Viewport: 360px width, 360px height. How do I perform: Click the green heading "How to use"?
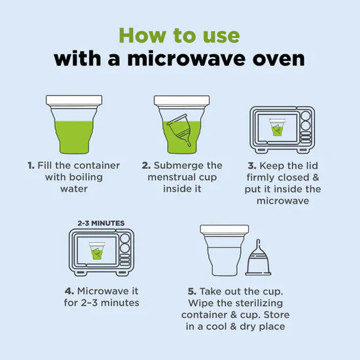click(179, 35)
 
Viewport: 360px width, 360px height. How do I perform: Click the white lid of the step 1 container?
click(74, 100)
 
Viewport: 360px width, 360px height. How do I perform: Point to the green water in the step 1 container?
click(74, 137)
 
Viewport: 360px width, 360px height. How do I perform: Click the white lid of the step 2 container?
click(181, 101)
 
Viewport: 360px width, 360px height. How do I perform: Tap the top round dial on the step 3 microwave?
click(306, 116)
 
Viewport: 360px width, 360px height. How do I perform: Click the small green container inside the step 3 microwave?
click(277, 127)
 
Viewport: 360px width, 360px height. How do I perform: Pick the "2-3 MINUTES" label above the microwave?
click(101, 223)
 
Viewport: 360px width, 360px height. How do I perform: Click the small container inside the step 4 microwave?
click(97, 251)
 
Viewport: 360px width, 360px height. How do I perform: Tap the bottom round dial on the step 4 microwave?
click(125, 248)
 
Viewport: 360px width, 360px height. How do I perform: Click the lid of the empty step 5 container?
click(225, 229)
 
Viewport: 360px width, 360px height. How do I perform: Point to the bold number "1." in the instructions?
click(31, 166)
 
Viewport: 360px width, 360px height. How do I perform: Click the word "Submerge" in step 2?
click(175, 166)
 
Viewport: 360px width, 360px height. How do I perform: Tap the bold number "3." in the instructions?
click(252, 166)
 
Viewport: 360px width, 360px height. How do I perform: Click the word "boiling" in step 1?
click(86, 177)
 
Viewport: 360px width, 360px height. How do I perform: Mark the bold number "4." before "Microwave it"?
click(69, 291)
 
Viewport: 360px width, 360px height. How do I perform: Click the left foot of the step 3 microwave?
click(262, 151)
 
